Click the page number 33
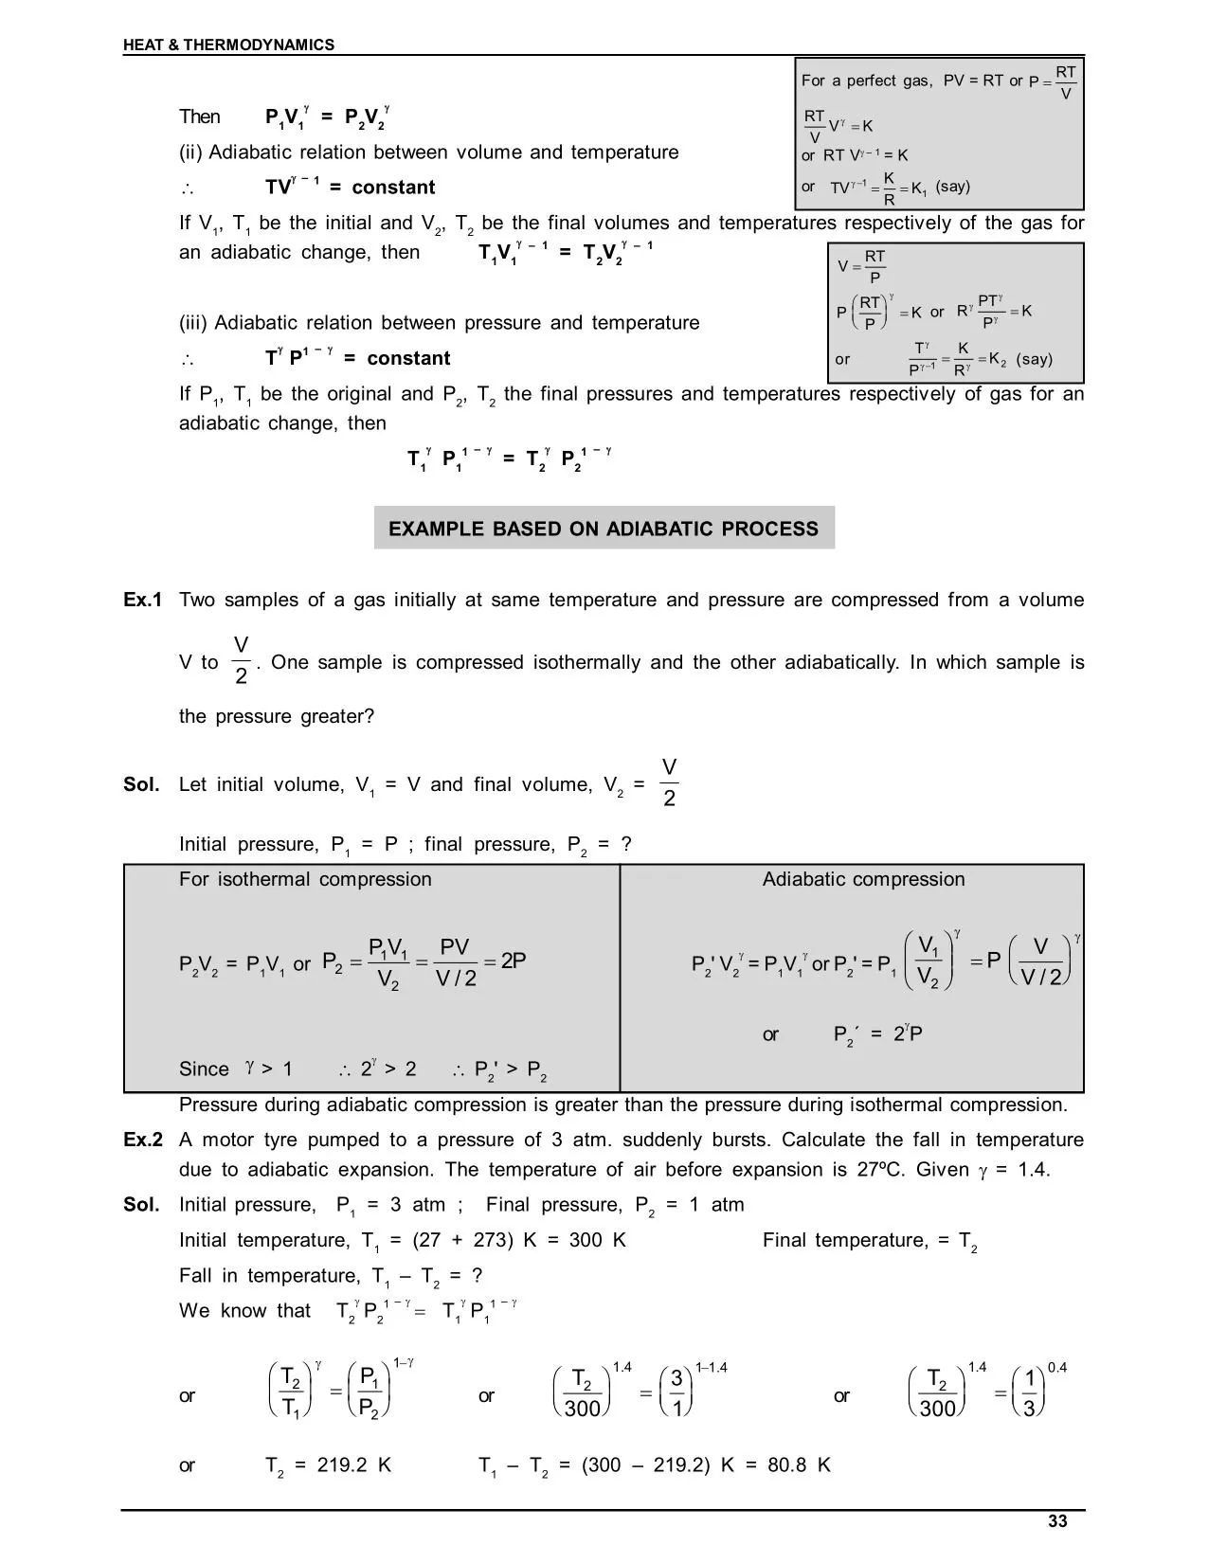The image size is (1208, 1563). [1057, 1521]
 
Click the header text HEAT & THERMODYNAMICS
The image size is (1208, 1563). [228, 45]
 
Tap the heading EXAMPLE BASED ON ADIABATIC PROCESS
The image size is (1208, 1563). [604, 529]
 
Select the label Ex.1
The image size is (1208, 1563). [143, 600]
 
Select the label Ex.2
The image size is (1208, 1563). [143, 1140]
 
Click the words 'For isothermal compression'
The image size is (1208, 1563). [305, 879]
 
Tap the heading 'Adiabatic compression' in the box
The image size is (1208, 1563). [863, 879]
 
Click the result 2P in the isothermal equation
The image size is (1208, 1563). [514, 961]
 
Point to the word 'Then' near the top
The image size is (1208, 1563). [200, 117]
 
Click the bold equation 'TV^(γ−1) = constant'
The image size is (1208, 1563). [351, 187]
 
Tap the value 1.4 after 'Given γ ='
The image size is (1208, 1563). [1034, 1170]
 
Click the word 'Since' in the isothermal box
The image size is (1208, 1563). [204, 1069]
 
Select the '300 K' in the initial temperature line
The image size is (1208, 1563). [597, 1240]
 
